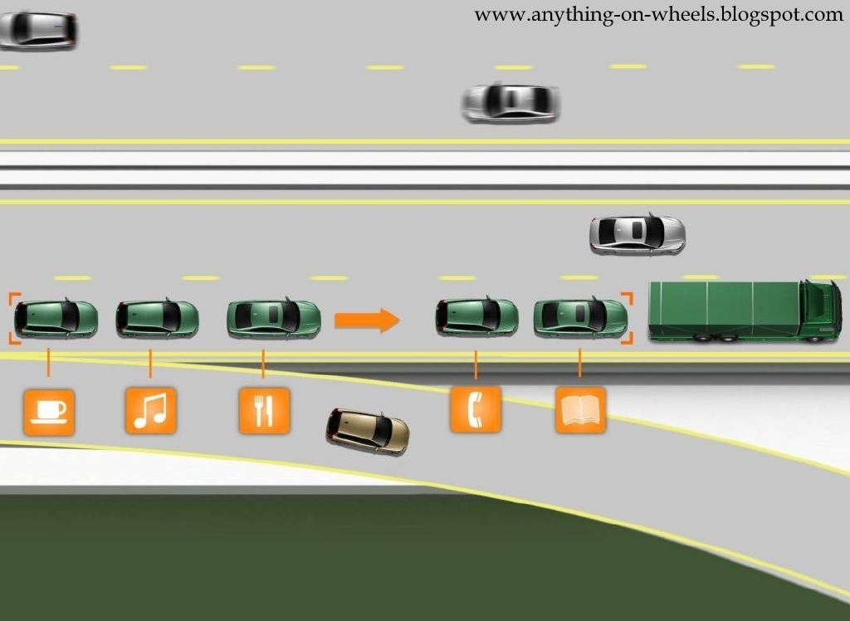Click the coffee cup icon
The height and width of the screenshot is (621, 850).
(49, 411)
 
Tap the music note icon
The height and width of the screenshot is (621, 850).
(150, 410)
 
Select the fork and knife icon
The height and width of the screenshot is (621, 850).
(263, 410)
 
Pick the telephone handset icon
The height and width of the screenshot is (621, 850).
(475, 408)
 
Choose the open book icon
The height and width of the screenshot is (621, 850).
(579, 410)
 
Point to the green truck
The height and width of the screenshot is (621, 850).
(744, 310)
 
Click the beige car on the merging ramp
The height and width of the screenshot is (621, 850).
(369, 430)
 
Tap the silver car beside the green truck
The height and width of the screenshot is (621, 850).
(637, 233)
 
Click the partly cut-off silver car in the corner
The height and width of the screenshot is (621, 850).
(37, 28)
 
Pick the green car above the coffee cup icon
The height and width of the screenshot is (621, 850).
(56, 318)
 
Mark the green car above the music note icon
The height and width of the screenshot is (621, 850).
(158, 317)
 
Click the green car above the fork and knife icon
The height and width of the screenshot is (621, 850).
(274, 316)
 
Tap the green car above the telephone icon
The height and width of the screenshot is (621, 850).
(477, 316)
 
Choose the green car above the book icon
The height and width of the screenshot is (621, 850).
(579, 316)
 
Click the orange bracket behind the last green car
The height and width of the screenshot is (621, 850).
(13, 317)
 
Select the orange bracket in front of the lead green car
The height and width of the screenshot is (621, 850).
(628, 317)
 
